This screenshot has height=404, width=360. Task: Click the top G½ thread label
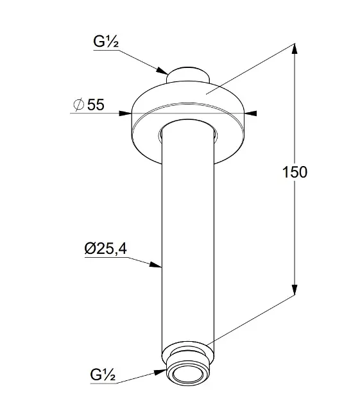coord(106,42)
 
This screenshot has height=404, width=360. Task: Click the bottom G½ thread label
coord(103,375)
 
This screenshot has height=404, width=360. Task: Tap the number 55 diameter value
coord(96,105)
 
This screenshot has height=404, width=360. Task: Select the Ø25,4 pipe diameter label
coord(106,249)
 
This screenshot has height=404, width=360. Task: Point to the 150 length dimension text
coord(295,172)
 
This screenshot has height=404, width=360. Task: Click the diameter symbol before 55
coord(79,105)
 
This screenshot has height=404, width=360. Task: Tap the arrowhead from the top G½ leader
coord(162,71)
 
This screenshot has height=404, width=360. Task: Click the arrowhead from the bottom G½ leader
coord(160,372)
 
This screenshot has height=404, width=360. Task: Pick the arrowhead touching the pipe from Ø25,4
coord(156,265)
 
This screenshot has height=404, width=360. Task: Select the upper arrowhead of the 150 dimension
coord(295,49)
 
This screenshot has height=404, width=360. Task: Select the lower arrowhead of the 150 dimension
coord(295,290)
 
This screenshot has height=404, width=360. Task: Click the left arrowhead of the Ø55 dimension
coord(125,113)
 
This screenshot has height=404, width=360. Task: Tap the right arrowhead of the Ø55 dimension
coord(250,113)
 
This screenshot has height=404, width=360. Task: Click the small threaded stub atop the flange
coord(187,75)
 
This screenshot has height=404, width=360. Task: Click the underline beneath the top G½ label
coord(107,50)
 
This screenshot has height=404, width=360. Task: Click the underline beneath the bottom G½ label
coord(103,383)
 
